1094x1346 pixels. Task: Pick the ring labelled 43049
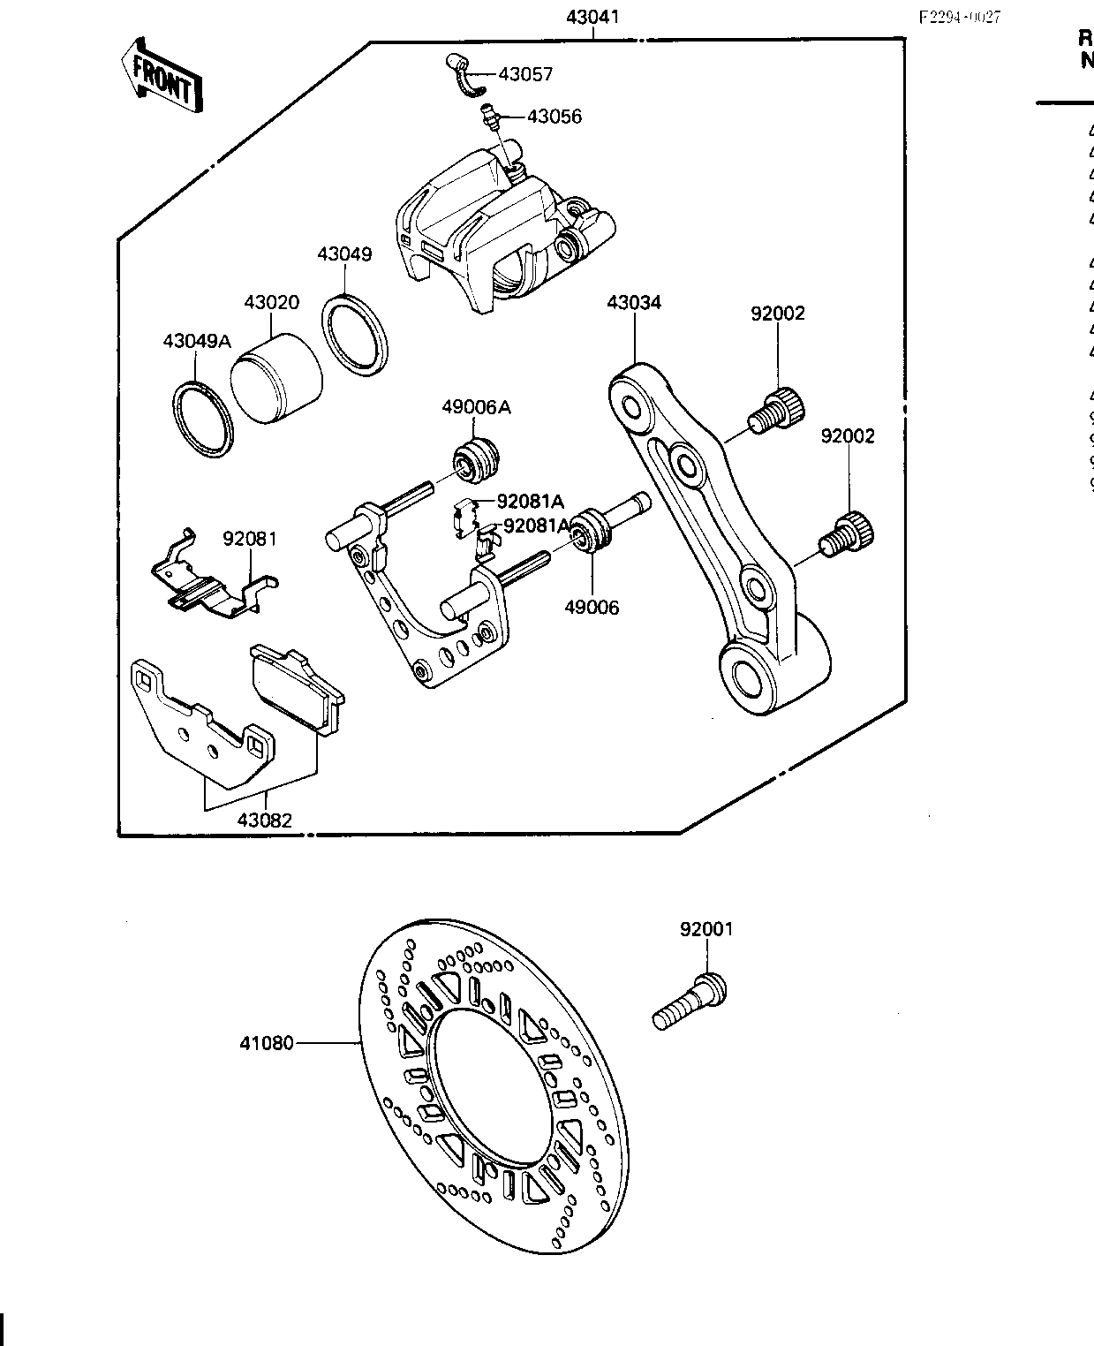pyautogui.click(x=355, y=331)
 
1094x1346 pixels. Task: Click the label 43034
pyautogui.click(x=634, y=303)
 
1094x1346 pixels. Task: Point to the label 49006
pyautogui.click(x=592, y=608)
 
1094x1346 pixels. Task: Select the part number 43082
pyautogui.click(x=264, y=820)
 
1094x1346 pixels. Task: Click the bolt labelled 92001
pyautogui.click(x=691, y=1002)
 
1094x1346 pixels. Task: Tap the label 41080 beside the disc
pyautogui.click(x=266, y=1043)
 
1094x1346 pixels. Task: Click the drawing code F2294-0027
pyautogui.click(x=960, y=18)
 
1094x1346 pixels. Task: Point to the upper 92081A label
pyautogui.click(x=530, y=502)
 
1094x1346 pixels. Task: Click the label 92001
pyautogui.click(x=706, y=929)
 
